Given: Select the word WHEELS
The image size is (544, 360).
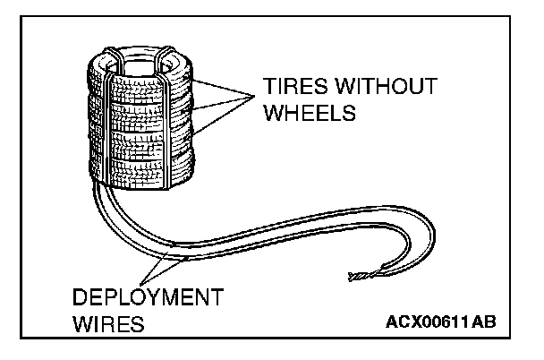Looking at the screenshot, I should tap(310, 115).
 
